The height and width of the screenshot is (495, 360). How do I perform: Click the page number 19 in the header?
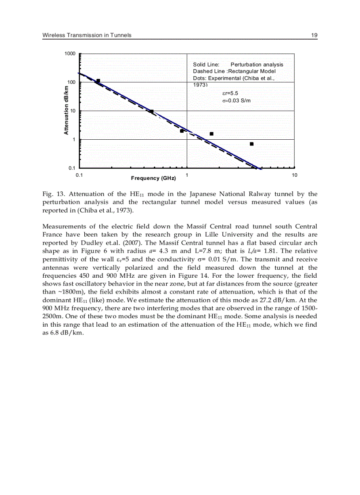(x=314, y=35)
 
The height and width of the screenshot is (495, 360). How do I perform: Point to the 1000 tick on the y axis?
(x=70, y=53)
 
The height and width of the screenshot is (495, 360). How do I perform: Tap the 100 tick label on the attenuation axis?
(x=71, y=82)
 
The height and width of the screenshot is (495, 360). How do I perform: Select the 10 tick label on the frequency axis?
(x=295, y=175)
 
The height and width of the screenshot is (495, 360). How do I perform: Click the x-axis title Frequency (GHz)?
(x=153, y=178)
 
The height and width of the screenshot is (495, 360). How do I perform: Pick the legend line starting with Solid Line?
(x=238, y=64)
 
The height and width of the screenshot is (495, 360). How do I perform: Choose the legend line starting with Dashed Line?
(x=234, y=71)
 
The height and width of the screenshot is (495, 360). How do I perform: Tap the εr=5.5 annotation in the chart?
(x=230, y=93)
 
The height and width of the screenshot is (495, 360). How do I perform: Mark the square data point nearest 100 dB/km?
(x=98, y=81)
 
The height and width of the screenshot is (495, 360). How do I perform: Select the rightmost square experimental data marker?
(x=251, y=144)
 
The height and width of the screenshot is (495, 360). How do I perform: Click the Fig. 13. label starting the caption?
(x=54, y=194)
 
